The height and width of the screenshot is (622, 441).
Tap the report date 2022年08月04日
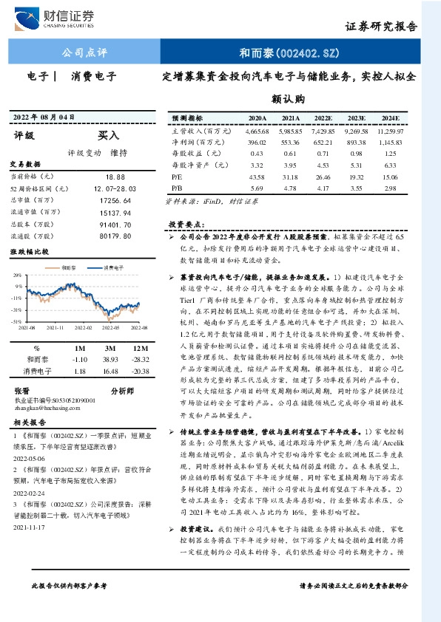pyautogui.click(x=44, y=117)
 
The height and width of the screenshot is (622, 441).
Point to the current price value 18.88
pyautogui.click(x=115, y=177)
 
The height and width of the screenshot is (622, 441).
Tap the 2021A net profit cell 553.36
pyautogui.click(x=290, y=142)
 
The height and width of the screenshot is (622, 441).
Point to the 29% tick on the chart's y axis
pyautogui.click(x=16, y=275)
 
